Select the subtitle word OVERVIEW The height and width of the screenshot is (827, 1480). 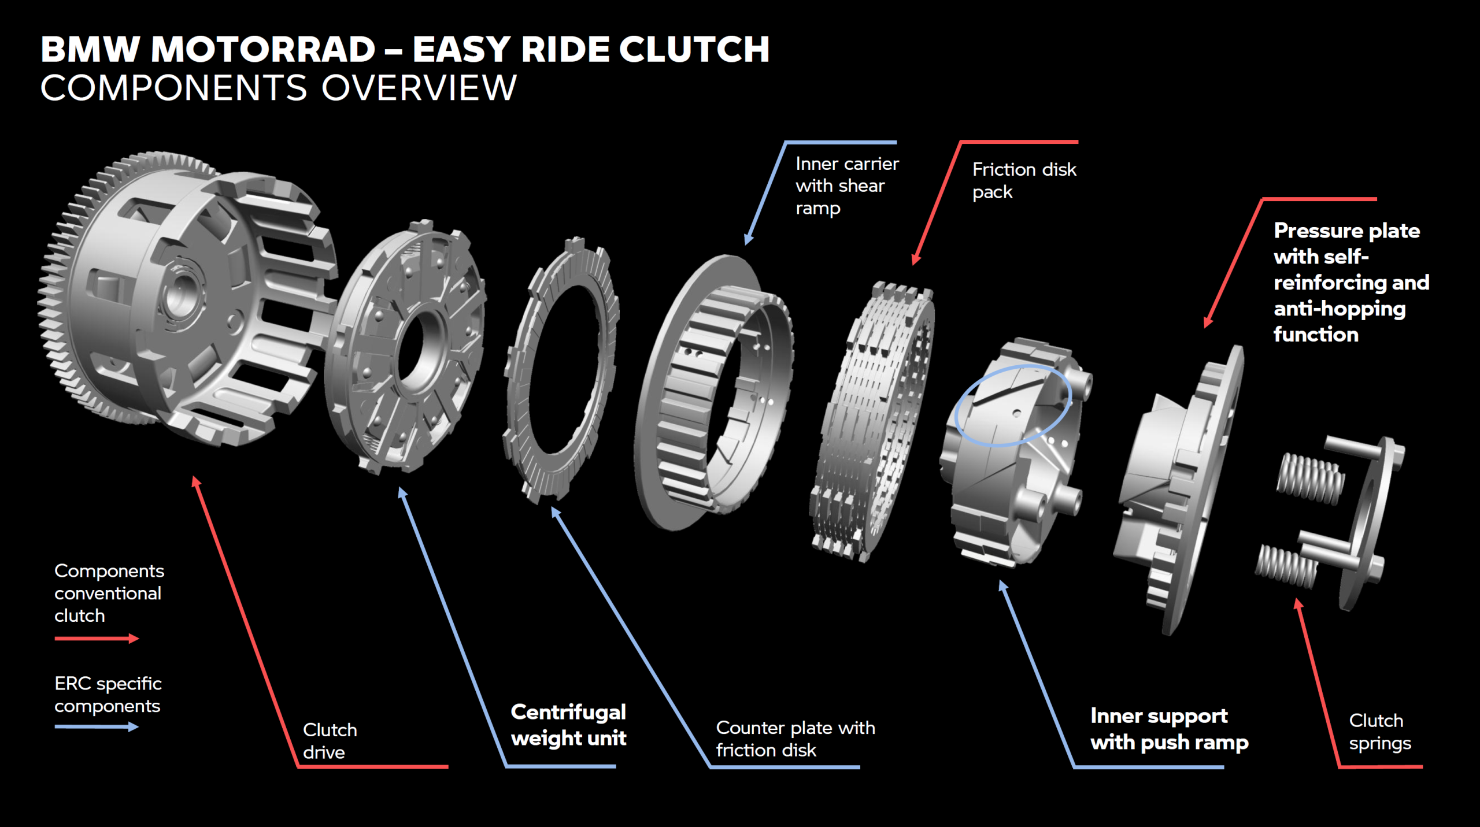419,88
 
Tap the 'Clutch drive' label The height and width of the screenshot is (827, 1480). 330,741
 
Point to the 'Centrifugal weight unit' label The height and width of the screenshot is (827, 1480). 568,725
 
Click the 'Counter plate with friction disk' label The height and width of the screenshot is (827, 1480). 795,739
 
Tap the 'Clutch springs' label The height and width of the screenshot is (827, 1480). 1379,732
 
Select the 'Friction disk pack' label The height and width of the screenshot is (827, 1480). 1024,180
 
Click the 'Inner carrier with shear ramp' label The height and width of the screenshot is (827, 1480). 847,186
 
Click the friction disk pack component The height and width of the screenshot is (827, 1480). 873,422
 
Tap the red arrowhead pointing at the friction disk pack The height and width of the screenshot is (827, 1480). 915,261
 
